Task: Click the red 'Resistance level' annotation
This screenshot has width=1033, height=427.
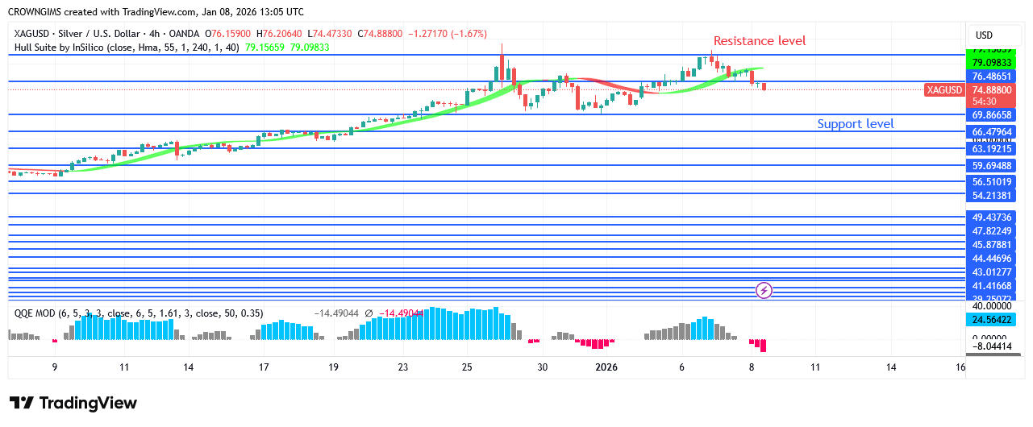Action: click(x=759, y=41)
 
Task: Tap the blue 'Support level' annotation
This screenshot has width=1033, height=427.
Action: click(x=855, y=124)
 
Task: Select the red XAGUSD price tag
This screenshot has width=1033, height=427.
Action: click(x=943, y=90)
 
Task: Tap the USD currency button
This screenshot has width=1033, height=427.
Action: click(x=984, y=35)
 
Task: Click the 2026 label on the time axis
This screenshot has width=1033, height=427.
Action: click(x=606, y=367)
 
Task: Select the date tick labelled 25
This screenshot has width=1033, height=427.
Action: click(x=467, y=367)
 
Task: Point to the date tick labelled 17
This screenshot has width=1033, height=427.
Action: click(x=264, y=367)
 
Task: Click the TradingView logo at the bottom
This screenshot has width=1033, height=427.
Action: click(x=73, y=403)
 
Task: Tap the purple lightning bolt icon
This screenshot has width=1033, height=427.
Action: click(x=764, y=290)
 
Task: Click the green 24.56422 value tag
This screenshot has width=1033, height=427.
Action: click(x=991, y=319)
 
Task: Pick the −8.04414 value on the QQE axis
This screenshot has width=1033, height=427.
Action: click(x=991, y=346)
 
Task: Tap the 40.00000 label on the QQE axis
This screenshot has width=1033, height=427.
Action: click(x=991, y=306)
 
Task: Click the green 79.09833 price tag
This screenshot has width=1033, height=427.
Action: click(x=991, y=63)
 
